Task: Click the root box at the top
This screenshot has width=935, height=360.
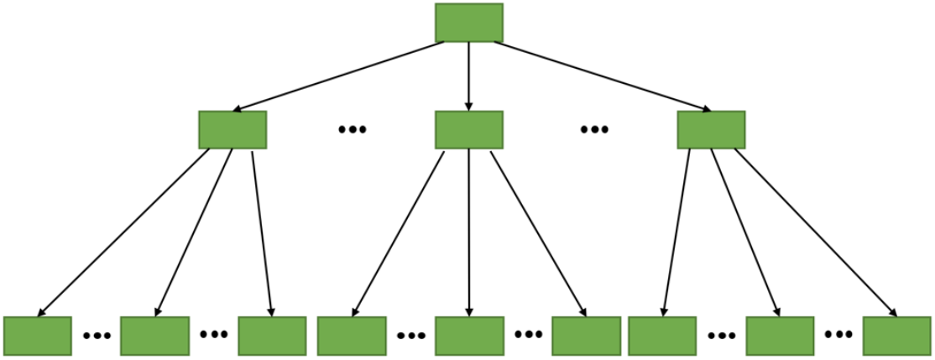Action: click(468, 23)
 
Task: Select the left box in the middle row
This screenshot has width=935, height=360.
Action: click(232, 130)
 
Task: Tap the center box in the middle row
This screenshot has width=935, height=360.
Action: click(468, 130)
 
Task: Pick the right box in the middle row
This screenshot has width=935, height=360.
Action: click(711, 130)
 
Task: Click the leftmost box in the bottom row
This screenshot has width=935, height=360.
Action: click(37, 336)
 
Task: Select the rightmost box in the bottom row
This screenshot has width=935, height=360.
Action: click(896, 336)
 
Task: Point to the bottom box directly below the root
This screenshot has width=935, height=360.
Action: click(468, 336)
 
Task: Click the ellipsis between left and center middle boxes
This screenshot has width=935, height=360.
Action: click(352, 129)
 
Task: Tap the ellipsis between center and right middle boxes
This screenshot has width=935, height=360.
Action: click(593, 129)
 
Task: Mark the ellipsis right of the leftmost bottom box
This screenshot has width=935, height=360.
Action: click(97, 336)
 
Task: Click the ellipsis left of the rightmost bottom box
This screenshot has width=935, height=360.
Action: click(838, 334)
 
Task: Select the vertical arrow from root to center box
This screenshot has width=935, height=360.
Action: click(468, 76)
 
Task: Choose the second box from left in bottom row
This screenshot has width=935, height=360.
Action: click(154, 336)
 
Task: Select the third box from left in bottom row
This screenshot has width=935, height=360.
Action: click(272, 336)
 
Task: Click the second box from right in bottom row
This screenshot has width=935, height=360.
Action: click(780, 336)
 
